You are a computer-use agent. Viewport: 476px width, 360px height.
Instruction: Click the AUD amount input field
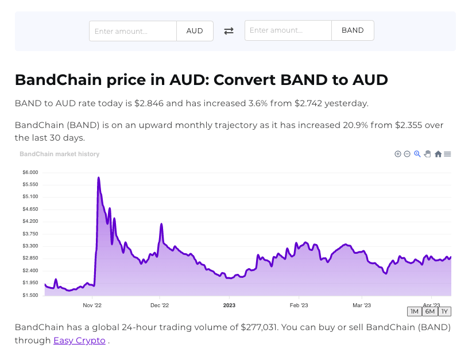[x=133, y=31]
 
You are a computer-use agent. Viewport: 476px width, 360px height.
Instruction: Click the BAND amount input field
[x=288, y=30]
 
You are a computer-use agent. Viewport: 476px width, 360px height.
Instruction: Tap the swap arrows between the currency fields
[x=229, y=31]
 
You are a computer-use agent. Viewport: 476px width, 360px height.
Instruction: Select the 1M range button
[x=414, y=311]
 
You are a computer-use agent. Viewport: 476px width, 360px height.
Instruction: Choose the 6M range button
[x=429, y=311]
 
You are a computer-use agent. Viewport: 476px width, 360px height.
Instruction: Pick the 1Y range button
[x=444, y=311]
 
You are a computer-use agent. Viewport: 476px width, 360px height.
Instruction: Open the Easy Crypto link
[x=79, y=340]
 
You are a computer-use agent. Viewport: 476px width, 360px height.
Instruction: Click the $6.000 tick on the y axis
[x=30, y=172]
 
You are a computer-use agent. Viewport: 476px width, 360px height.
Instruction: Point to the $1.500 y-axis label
[x=30, y=295]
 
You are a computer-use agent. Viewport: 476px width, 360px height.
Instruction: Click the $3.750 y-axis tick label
[x=30, y=234]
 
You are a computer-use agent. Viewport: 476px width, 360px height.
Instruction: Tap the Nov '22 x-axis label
[x=92, y=305]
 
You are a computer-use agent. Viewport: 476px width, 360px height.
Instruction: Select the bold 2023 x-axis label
[x=229, y=305]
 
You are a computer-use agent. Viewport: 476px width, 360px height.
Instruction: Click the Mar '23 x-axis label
[x=361, y=305]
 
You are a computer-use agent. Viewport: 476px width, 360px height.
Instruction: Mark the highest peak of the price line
[x=99, y=178]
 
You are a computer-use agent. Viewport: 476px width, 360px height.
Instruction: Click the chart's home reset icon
[x=438, y=154]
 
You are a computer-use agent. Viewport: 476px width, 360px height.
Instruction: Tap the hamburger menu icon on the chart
[x=447, y=154]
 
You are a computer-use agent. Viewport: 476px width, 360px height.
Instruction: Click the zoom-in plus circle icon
[x=398, y=154]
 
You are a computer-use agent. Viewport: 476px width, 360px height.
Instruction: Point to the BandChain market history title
[x=59, y=154]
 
